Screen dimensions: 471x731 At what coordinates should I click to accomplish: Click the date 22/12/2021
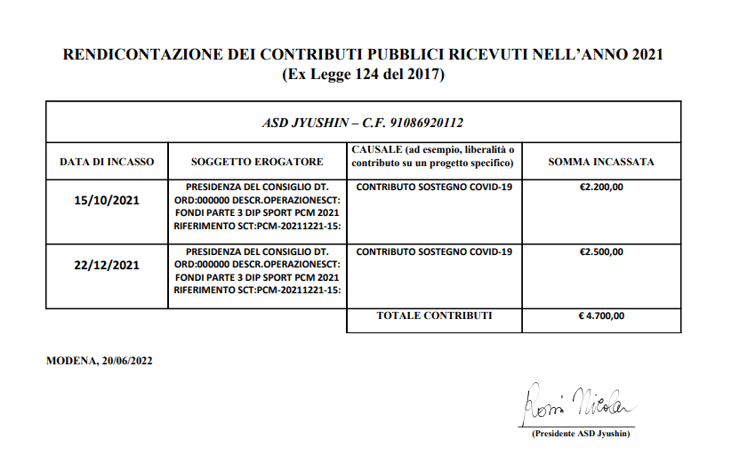coord(107,264)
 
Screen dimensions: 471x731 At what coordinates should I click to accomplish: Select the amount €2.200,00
coord(601,188)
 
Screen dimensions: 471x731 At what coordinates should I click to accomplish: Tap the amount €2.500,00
coord(601,251)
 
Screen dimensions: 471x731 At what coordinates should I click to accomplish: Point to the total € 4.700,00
coord(601,315)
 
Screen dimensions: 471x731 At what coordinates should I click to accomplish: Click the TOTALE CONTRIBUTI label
coord(434,315)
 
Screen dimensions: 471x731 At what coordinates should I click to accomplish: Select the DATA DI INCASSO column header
coord(107,163)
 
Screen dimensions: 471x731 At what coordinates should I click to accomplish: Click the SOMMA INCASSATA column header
coord(601,163)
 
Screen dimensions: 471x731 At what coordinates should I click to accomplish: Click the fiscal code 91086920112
coord(424,123)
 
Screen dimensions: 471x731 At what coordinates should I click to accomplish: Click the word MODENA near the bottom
coord(70,361)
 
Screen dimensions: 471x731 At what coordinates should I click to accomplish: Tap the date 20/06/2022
coord(127,361)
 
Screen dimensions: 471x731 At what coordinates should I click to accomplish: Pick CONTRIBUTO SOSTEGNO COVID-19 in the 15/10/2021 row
coord(434,188)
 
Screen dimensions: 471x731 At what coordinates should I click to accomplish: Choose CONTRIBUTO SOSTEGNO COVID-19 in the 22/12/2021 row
coord(434,251)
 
